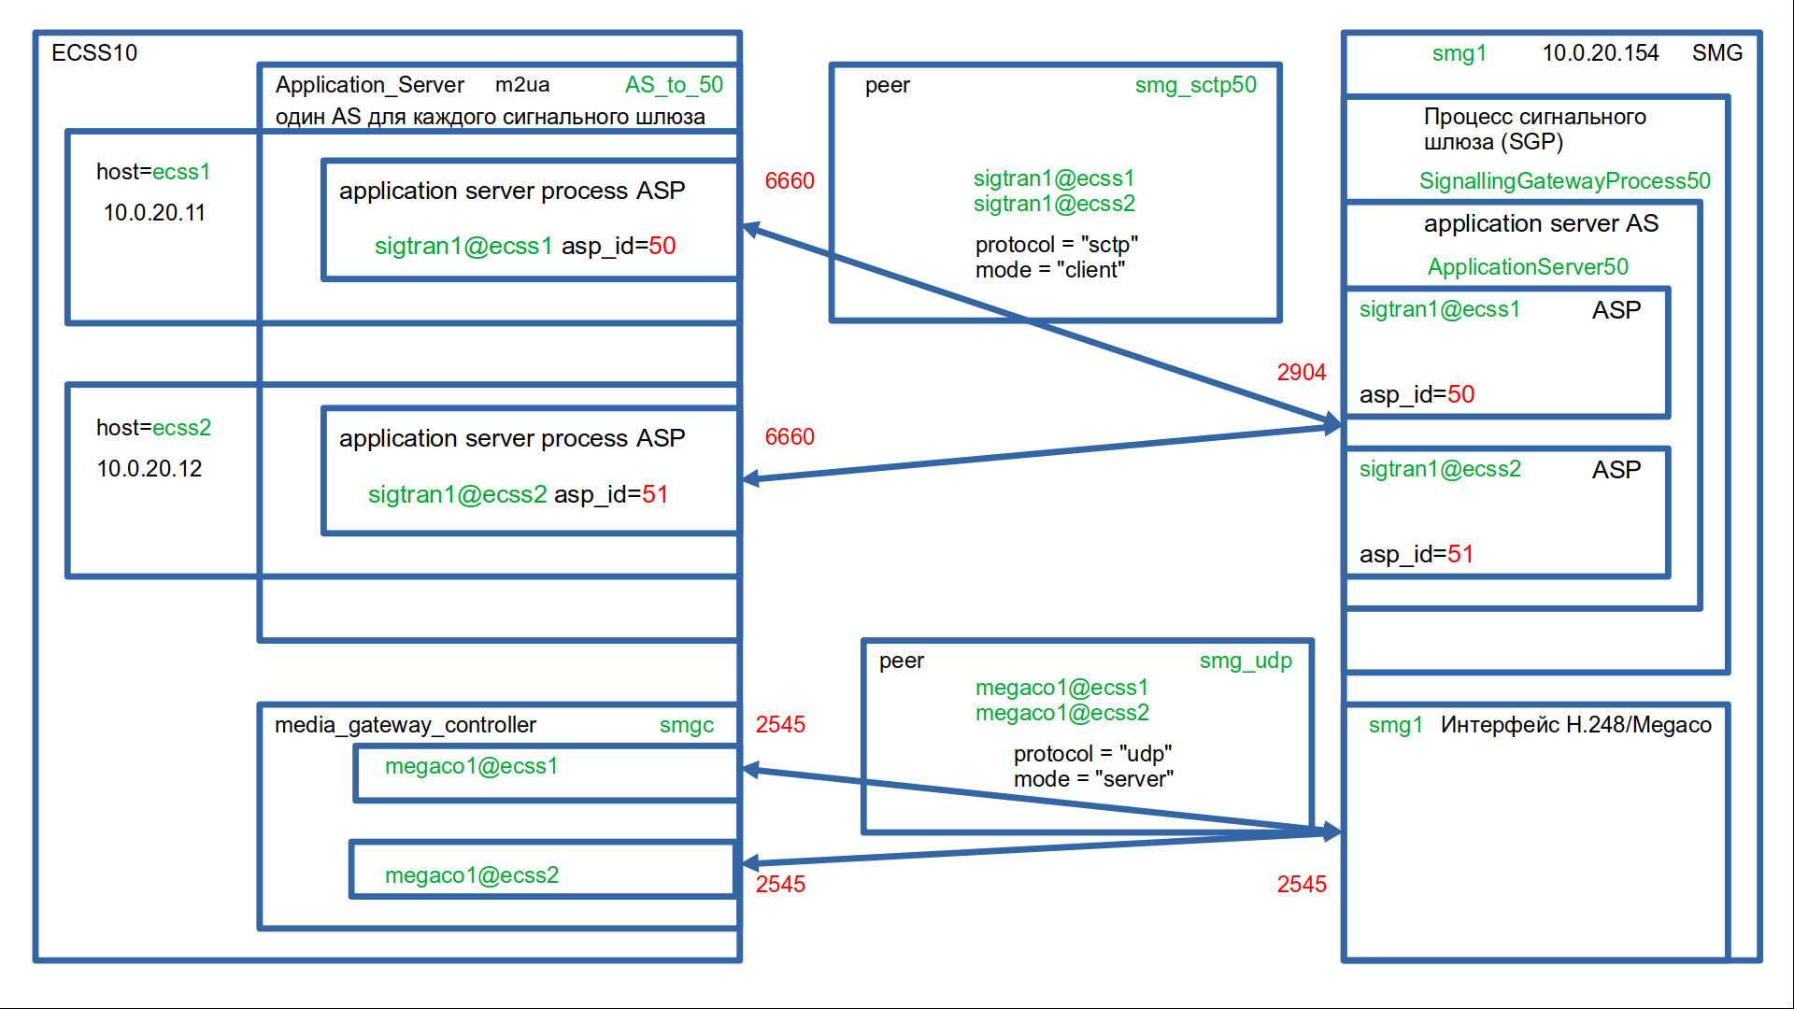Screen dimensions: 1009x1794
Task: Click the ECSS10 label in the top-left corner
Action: (x=94, y=53)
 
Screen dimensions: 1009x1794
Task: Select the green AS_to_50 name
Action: (x=674, y=85)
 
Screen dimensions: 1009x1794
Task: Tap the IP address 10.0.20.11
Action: (x=154, y=213)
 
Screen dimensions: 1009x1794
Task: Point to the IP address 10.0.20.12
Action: (x=149, y=469)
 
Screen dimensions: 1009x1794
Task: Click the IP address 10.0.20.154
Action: (x=1600, y=53)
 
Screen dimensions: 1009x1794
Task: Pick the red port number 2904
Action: (x=1301, y=373)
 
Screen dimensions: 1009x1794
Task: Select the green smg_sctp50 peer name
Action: (x=1195, y=85)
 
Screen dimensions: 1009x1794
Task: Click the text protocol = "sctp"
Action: (x=1056, y=245)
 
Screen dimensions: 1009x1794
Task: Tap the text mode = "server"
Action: (x=1093, y=779)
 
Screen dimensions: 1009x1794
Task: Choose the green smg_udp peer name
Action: (x=1246, y=661)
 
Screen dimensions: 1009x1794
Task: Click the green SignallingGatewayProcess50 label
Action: (x=1564, y=181)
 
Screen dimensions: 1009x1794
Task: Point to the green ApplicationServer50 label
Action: (x=1528, y=267)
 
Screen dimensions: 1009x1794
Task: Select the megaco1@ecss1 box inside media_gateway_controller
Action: (x=546, y=774)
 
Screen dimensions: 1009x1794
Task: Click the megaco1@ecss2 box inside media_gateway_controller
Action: (x=543, y=871)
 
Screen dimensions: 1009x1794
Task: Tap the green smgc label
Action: (x=686, y=725)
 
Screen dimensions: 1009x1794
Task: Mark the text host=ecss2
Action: (x=153, y=428)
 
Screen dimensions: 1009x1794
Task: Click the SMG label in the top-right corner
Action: (x=1716, y=53)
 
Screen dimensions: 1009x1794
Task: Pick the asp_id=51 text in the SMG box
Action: (x=1416, y=555)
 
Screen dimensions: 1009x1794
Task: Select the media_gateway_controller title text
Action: (x=405, y=725)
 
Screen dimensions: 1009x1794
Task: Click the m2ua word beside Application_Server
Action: (x=521, y=85)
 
